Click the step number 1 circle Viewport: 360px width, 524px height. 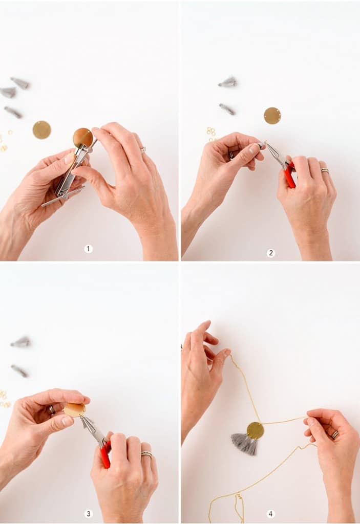89,249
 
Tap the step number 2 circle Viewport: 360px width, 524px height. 271,253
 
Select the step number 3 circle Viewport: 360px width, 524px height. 89,513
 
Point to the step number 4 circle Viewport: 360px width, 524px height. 271,513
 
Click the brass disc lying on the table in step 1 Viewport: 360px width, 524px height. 41,130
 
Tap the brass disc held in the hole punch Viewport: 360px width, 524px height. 82,138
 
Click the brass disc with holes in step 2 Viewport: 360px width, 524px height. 272,116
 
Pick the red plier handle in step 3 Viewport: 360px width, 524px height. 105,455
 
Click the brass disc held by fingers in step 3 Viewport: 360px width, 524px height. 75,410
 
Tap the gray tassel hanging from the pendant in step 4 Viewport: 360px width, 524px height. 245,444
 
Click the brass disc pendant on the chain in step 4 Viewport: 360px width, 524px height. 255,430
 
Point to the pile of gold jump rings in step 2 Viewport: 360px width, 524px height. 211,133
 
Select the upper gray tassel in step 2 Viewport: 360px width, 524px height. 228,82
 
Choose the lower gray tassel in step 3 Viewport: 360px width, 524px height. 19,370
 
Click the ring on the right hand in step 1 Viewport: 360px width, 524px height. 143,150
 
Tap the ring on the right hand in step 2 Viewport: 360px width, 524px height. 325,171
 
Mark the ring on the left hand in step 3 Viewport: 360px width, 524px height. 51,409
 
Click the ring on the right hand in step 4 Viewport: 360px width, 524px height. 335,434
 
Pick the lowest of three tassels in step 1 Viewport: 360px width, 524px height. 13,112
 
